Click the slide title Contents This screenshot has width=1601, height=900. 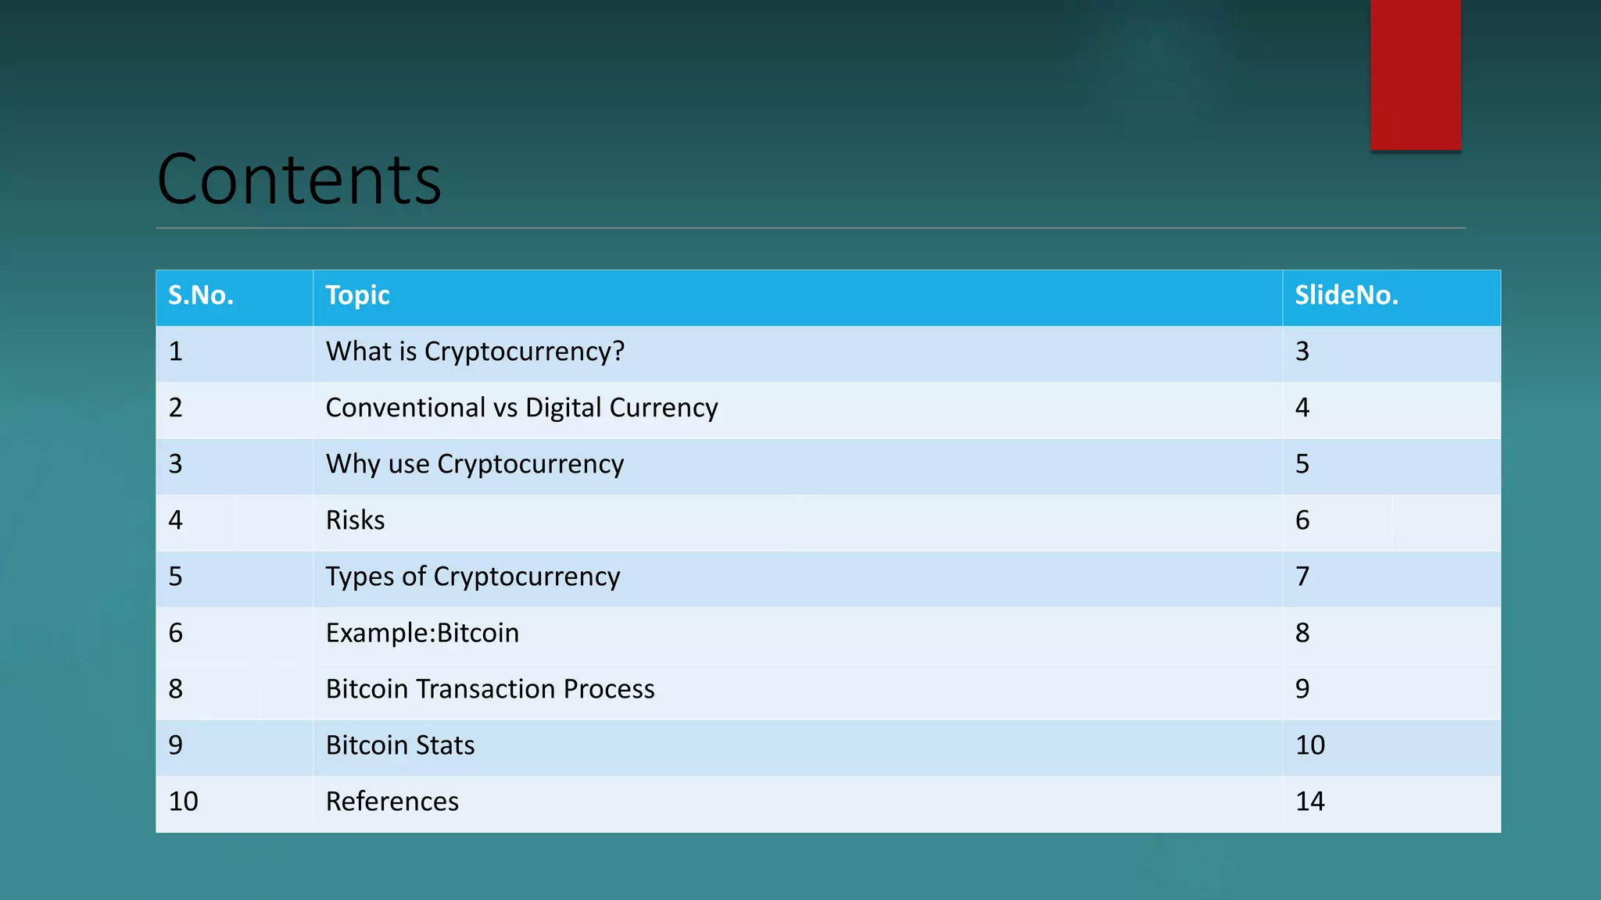click(299, 180)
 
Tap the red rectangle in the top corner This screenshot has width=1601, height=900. click(1415, 74)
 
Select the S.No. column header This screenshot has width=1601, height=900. click(201, 295)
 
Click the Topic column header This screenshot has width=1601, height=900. click(357, 295)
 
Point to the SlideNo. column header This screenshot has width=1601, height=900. click(1346, 295)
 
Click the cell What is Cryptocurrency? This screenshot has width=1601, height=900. click(475, 352)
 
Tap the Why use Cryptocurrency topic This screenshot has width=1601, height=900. click(475, 464)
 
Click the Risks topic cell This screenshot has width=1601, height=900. click(355, 520)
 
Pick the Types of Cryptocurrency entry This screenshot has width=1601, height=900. click(472, 577)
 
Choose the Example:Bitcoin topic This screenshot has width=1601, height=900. click(422, 633)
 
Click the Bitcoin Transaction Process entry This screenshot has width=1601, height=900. click(490, 689)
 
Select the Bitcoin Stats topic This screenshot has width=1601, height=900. click(399, 745)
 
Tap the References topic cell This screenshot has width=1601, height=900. click(392, 802)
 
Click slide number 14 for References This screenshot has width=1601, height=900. click(1309, 802)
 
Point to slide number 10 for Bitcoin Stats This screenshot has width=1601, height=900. click(1309, 745)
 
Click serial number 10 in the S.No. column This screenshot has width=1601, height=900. click(183, 802)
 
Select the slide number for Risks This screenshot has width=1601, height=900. click(1302, 520)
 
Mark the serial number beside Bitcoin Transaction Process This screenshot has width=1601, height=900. click(175, 689)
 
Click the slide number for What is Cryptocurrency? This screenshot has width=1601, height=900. click(1302, 352)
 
